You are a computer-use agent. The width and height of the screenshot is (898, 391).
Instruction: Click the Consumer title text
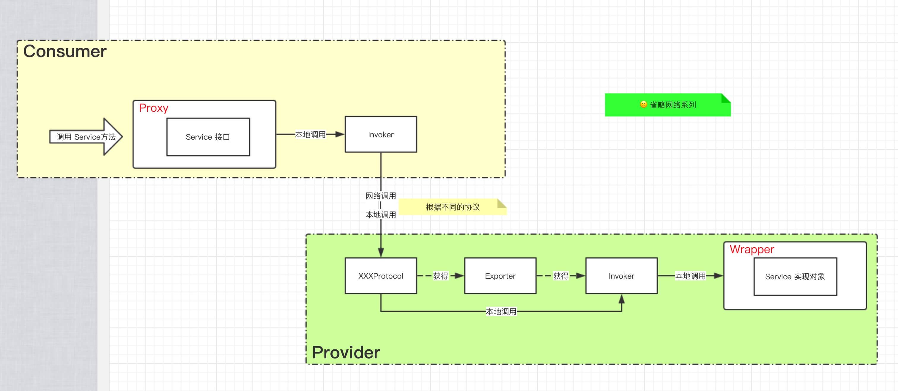pos(65,52)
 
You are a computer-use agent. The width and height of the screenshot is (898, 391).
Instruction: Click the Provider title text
pos(346,352)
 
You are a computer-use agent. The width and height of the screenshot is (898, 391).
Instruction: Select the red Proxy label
pos(153,108)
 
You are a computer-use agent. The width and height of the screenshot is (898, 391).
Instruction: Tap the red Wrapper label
pos(752,250)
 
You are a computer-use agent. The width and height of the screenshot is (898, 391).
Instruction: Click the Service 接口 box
pos(208,137)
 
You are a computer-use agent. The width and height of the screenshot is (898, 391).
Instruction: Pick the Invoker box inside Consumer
pos(381,135)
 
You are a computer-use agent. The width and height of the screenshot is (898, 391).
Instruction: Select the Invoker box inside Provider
pos(621,276)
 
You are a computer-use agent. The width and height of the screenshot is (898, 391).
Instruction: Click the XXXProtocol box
pos(381,276)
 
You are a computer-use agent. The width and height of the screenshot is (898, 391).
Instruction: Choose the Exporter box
pos(500,276)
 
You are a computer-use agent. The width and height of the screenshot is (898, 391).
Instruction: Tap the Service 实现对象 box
pos(795,277)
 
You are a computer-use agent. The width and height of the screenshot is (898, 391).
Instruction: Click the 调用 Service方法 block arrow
pos(86,137)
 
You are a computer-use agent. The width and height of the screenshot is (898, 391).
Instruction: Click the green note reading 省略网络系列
pos(673,105)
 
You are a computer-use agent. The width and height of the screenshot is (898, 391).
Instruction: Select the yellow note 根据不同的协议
pos(453,207)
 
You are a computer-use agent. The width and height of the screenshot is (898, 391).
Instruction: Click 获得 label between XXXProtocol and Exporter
pos(441,276)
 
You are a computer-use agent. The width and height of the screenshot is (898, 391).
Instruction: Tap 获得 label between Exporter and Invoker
pos(560,276)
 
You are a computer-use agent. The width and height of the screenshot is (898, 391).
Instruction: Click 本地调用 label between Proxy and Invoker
pos(310,135)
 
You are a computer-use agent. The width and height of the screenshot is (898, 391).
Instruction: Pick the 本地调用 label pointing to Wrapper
pos(690,276)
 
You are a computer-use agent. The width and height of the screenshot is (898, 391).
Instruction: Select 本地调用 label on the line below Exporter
pos(501,312)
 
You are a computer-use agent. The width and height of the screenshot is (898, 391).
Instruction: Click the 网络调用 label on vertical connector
pos(381,196)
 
